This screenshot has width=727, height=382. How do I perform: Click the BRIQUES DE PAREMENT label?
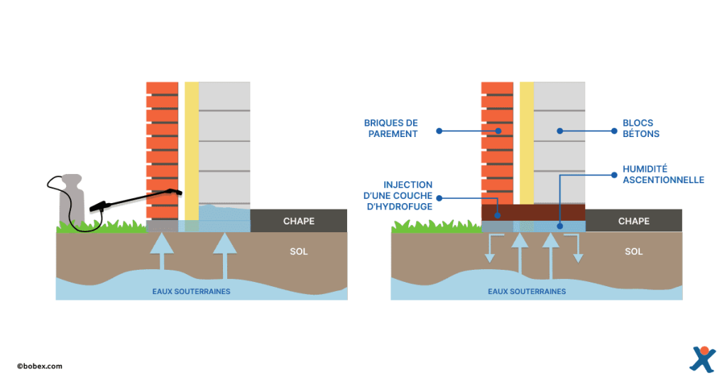point(391,129)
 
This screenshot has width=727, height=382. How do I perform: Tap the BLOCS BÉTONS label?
point(641,129)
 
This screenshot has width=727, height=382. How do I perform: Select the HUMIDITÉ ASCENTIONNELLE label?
point(663,175)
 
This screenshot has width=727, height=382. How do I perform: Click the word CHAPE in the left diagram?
point(299,221)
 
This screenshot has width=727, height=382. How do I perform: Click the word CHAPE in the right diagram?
point(634,221)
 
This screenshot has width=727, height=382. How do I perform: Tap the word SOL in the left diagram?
point(299,251)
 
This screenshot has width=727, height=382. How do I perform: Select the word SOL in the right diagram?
point(634,251)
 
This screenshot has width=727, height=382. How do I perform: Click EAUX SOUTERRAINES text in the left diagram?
point(192,291)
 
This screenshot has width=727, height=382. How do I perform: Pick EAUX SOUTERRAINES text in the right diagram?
point(527,291)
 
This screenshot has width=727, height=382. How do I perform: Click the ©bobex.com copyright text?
point(40,366)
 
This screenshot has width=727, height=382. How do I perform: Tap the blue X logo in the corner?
point(702,359)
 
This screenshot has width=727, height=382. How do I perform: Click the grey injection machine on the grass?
point(72,202)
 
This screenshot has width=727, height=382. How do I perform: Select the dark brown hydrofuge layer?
point(533,212)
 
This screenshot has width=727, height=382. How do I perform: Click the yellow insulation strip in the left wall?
point(192,149)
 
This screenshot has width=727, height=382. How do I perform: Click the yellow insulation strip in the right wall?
point(527,142)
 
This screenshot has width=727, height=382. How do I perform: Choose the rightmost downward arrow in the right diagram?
point(578,249)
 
